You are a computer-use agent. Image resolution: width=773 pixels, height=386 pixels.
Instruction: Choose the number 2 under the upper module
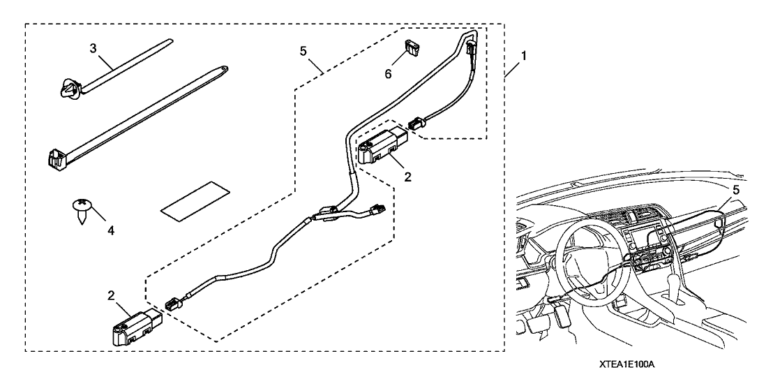coord(408,177)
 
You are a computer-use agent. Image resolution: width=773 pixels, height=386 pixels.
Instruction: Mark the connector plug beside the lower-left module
coord(172,305)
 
